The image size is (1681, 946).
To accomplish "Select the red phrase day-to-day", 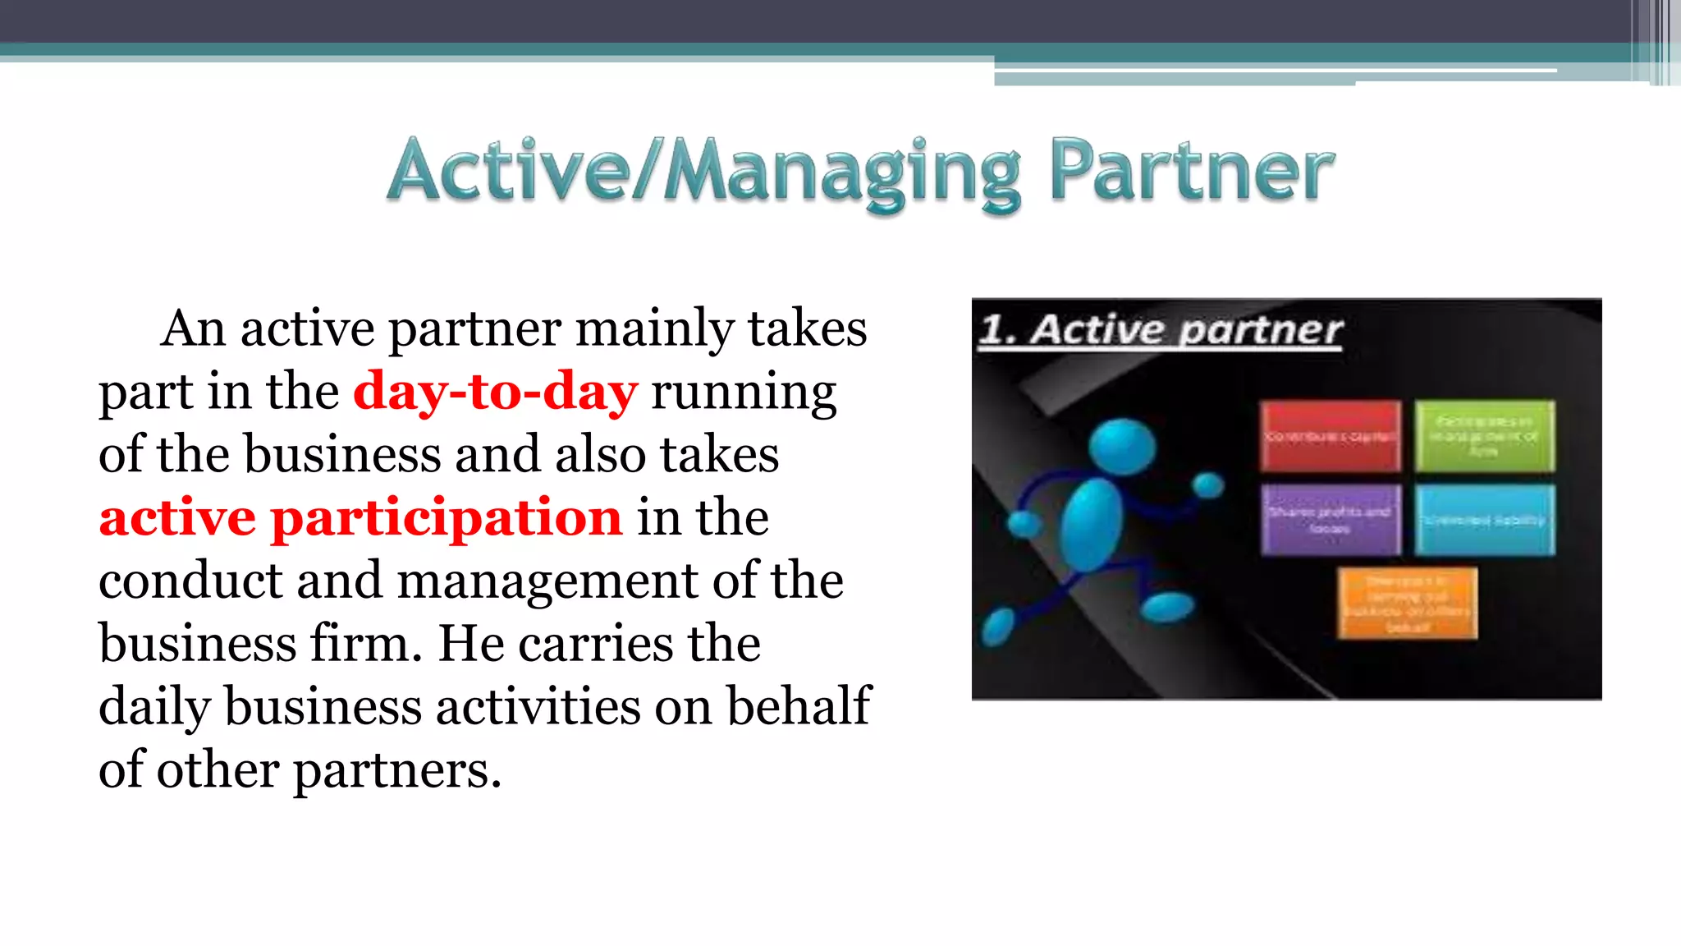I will pos(495,392).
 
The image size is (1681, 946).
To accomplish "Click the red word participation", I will pos(447,517).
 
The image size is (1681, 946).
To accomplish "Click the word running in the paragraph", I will pos(744,392).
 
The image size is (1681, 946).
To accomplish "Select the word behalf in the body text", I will pos(799,706).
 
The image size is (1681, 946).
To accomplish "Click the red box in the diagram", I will pos(1330,436).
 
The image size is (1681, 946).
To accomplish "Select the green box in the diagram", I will pos(1484,436).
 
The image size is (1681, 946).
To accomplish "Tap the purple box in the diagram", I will pos(1330,520).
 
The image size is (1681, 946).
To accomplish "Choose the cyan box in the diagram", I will pos(1484,520).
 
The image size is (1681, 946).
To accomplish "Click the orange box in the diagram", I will pos(1407,604).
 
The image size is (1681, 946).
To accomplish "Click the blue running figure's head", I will pos(1121,448).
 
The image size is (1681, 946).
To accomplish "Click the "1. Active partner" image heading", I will pos(1161,330).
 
